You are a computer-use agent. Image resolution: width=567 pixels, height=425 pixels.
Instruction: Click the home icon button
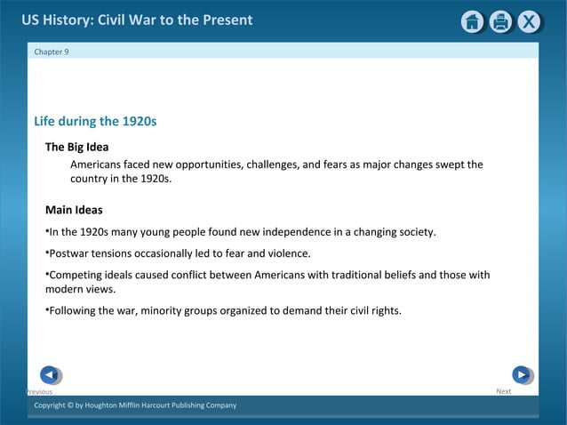[x=473, y=22]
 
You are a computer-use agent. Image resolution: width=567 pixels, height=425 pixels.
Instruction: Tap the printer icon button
[x=501, y=22]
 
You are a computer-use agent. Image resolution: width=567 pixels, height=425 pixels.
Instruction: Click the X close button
[x=530, y=22]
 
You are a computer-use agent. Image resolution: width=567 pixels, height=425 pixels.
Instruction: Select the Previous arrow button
[x=51, y=375]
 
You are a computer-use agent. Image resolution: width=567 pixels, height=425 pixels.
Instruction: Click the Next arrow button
[x=522, y=375]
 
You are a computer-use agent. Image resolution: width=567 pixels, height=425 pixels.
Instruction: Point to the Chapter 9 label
[x=51, y=52]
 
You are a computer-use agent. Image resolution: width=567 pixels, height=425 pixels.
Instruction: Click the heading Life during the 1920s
[x=95, y=121]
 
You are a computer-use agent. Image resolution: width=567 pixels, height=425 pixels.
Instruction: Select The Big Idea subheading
[x=76, y=147]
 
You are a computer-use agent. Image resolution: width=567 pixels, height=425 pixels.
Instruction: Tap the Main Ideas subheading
[x=74, y=211]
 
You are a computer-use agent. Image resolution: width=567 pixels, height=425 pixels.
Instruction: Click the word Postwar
[x=70, y=253]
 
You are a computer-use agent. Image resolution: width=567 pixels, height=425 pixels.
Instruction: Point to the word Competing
[x=76, y=275]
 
